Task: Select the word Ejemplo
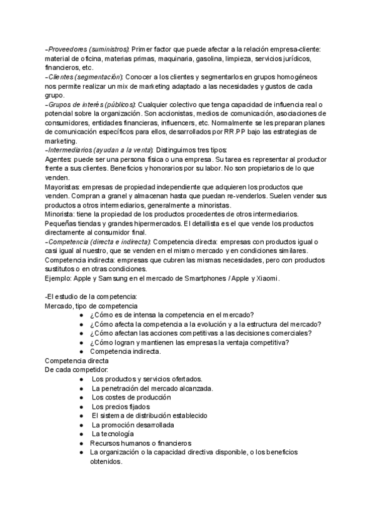tap(59, 278)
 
